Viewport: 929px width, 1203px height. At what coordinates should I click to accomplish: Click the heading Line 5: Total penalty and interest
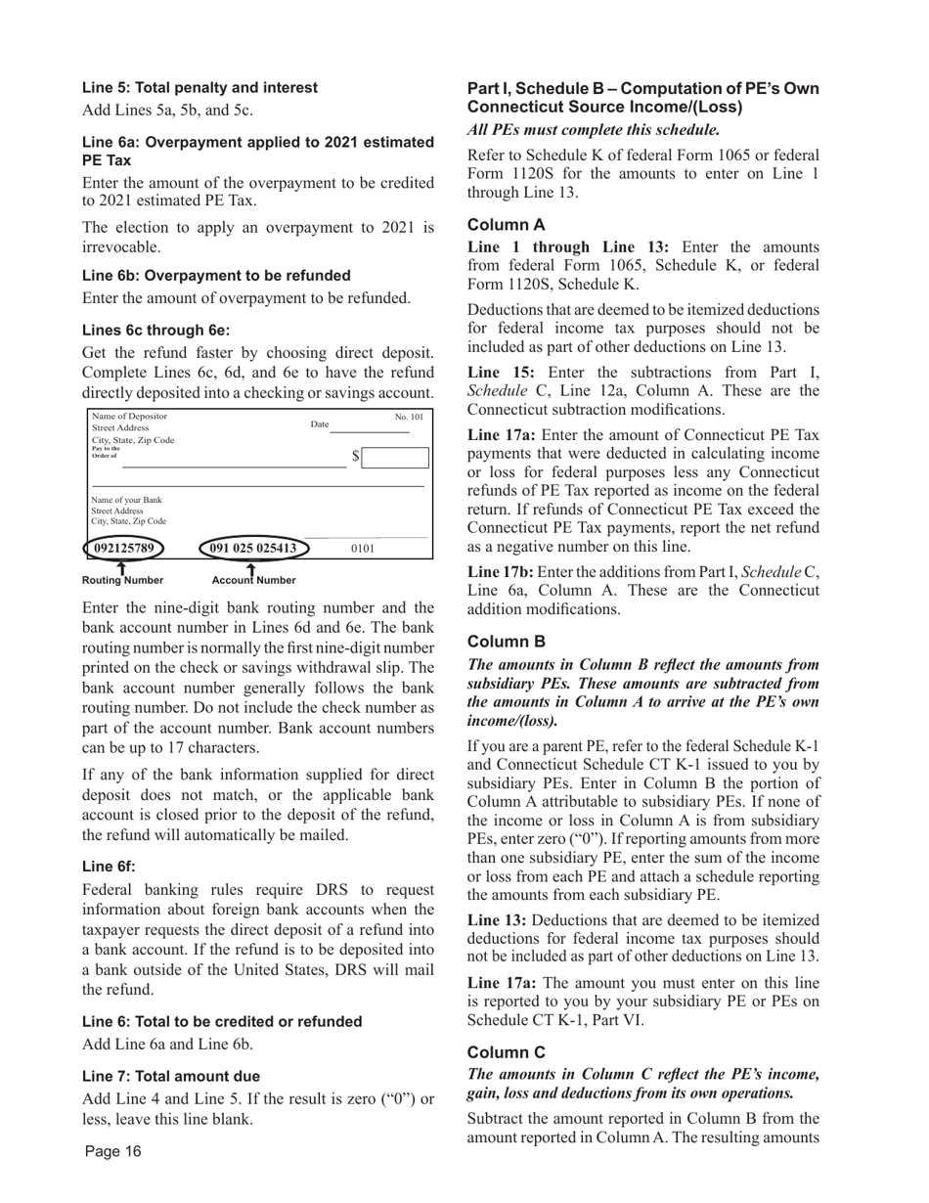coord(199,88)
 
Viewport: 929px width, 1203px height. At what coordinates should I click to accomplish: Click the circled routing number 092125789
coord(124,548)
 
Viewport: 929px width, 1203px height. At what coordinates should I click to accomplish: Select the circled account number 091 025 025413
coord(253,548)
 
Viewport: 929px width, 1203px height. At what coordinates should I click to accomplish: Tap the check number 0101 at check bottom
coord(362,549)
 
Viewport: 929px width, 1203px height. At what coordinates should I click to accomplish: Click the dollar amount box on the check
coord(396,458)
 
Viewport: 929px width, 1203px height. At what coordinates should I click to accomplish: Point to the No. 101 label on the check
coord(409,418)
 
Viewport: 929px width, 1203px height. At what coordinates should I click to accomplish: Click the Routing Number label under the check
coord(122,580)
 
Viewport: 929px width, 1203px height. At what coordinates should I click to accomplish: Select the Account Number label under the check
coord(253,580)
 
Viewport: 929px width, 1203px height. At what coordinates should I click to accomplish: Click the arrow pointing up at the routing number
coord(121,566)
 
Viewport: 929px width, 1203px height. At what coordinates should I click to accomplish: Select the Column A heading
coord(507,224)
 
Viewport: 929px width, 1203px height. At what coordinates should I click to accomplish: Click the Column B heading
coord(507,642)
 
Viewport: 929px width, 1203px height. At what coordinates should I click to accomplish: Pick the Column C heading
coord(507,1051)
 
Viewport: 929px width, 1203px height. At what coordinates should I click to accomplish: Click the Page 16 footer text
coord(112,1151)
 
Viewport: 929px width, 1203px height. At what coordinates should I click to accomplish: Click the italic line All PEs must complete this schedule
coord(594,129)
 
